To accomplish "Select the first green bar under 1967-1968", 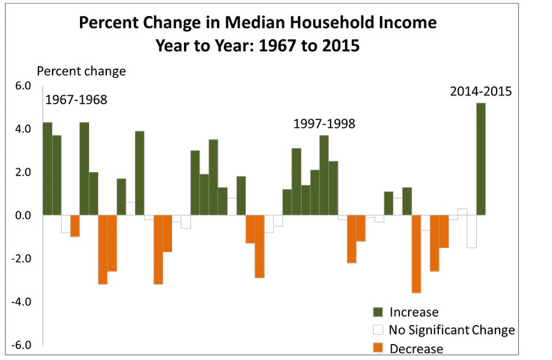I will tap(47, 168).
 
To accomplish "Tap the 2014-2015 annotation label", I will tap(481, 91).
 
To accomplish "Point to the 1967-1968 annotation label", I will tap(76, 101).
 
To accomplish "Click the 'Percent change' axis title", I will tap(81, 71).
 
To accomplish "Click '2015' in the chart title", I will tap(339, 45).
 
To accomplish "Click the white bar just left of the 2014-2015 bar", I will tap(471, 231).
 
